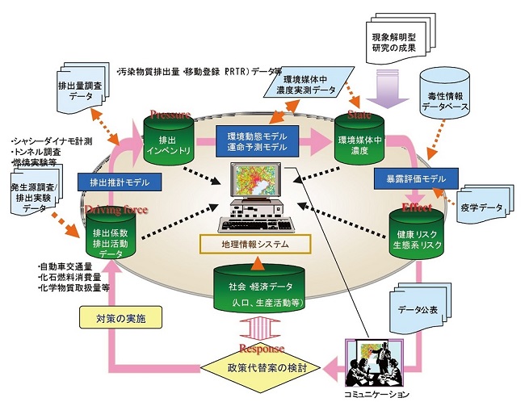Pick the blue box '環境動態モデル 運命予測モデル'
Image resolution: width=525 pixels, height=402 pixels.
[258, 134]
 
